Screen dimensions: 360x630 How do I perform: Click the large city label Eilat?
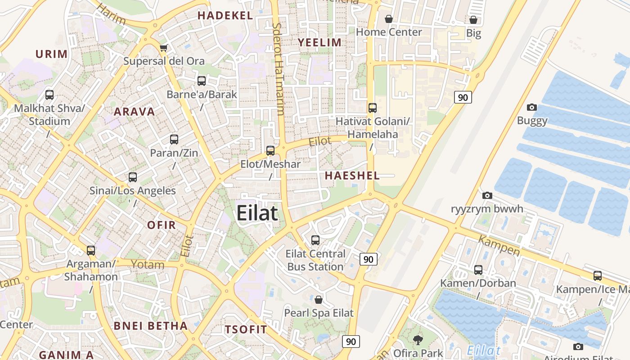coord(257,213)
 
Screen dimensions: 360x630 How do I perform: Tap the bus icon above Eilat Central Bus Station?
coord(315,240)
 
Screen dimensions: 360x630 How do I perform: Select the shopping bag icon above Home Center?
coord(389,19)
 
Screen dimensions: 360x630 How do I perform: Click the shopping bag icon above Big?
coord(473,20)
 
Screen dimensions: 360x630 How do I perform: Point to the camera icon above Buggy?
coord(532,107)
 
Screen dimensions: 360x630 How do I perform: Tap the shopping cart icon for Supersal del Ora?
coord(164,48)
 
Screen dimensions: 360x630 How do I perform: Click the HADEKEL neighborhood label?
coord(225,15)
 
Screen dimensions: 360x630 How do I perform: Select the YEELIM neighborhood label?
coord(319,42)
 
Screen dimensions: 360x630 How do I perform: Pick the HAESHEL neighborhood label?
coord(352,175)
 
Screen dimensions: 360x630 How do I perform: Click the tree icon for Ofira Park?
coord(418,340)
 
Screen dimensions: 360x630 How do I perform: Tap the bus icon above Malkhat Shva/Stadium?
coord(49,95)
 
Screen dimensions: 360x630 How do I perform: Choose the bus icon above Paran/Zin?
coord(174,139)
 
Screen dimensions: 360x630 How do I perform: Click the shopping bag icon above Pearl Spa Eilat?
coord(319,299)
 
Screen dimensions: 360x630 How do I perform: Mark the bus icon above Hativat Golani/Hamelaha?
coord(373,108)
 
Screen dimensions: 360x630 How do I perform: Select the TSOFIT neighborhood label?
coord(246,329)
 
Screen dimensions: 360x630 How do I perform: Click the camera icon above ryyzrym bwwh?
coord(487,195)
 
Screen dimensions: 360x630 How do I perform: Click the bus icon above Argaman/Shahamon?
coord(91,250)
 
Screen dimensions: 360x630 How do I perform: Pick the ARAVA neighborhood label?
coord(134,112)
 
